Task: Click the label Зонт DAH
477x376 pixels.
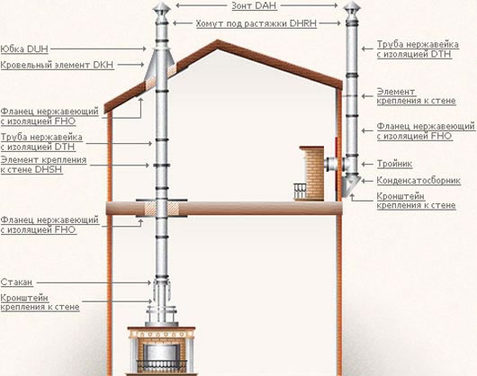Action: click(254, 5)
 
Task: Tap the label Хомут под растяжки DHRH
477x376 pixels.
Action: click(256, 23)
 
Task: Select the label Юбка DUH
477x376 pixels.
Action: click(24, 49)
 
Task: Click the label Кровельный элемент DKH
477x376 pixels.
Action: click(57, 65)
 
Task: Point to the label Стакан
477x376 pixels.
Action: click(16, 282)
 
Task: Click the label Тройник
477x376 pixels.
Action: click(394, 164)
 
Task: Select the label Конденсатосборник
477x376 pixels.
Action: click(418, 180)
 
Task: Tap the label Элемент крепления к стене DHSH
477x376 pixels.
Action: click(43, 165)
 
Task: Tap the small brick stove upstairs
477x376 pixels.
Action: click(311, 174)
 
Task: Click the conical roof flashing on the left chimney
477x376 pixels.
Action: click(159, 66)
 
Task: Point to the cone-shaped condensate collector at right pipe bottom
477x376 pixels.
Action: click(351, 185)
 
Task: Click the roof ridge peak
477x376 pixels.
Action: click(217, 40)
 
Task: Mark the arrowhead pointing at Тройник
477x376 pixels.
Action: click(363, 164)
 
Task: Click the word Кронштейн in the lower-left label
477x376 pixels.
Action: click(24, 298)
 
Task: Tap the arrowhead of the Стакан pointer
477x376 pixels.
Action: click(149, 282)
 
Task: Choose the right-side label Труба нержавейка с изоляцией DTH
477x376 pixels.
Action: click(418, 49)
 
